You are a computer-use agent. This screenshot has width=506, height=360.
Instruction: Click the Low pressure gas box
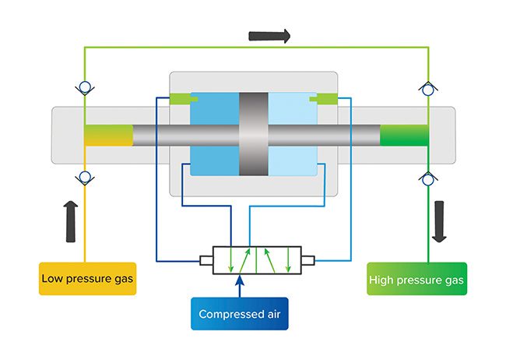pyautogui.click(x=87, y=278)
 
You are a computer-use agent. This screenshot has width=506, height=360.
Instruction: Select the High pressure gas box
pyautogui.click(x=417, y=278)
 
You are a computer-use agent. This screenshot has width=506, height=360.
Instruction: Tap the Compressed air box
pyautogui.click(x=240, y=313)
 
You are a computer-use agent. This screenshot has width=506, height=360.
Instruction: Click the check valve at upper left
pyautogui.click(x=85, y=88)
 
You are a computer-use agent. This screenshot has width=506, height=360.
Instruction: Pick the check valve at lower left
pyautogui.click(x=85, y=178)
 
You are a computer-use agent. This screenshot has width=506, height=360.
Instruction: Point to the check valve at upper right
pyautogui.click(x=428, y=89)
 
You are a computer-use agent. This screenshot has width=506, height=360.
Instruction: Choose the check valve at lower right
pyautogui.click(x=428, y=178)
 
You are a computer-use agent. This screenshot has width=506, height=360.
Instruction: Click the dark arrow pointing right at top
pyautogui.click(x=269, y=36)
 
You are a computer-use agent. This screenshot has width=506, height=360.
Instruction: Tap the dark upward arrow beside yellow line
pyautogui.click(x=71, y=221)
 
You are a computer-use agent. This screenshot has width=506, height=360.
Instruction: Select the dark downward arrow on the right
pyautogui.click(x=439, y=221)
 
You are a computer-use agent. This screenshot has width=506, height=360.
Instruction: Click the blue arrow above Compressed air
pyautogui.click(x=240, y=286)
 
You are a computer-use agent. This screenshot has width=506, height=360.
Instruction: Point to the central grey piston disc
pyautogui.click(x=254, y=134)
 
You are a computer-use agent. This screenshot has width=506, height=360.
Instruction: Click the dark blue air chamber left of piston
pyautogui.click(x=215, y=134)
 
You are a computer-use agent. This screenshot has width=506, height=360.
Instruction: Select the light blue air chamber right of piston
pyautogui.click(x=293, y=134)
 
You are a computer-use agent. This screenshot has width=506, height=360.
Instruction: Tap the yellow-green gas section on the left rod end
pyautogui.click(x=109, y=135)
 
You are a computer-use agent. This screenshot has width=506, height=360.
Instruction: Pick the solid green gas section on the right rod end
pyautogui.click(x=404, y=135)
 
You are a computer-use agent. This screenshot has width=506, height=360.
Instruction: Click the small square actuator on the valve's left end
pyautogui.click(x=206, y=260)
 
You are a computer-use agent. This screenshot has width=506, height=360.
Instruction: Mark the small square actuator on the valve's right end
pyautogui.click(x=307, y=260)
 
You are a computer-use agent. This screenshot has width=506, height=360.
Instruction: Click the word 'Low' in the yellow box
pyautogui.click(x=52, y=278)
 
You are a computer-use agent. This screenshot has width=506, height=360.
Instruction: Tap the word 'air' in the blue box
pyautogui.click(x=274, y=314)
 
